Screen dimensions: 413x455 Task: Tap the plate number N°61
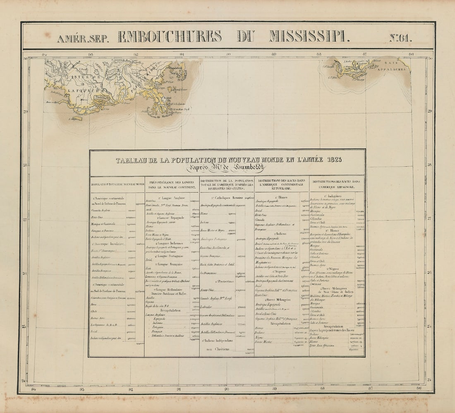coord(400,37)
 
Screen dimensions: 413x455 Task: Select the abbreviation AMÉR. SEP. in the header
coord(83,39)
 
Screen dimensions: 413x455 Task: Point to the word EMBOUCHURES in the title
coord(170,36)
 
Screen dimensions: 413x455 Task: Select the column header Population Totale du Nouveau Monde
coord(117,184)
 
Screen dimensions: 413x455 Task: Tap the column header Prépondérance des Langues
coord(172,184)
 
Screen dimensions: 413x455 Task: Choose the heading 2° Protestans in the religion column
coord(225,281)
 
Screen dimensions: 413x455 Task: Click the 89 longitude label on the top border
coord(274,54)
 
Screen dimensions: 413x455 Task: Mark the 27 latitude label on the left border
coord(25,220)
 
